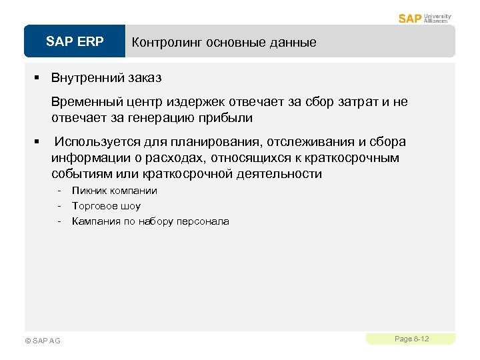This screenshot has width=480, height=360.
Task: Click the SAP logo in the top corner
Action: tap(410, 18)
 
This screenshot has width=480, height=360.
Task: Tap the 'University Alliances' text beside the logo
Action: tap(437, 18)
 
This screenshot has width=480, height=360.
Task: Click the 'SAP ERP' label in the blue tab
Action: tap(75, 42)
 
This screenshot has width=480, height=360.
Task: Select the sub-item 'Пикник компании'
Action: tap(115, 191)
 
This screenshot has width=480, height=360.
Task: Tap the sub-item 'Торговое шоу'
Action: tap(106, 206)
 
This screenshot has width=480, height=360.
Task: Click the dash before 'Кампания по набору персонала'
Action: tap(59, 221)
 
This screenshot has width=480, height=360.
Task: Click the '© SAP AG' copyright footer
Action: tap(42, 341)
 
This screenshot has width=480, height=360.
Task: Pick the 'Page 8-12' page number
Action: tap(411, 339)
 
